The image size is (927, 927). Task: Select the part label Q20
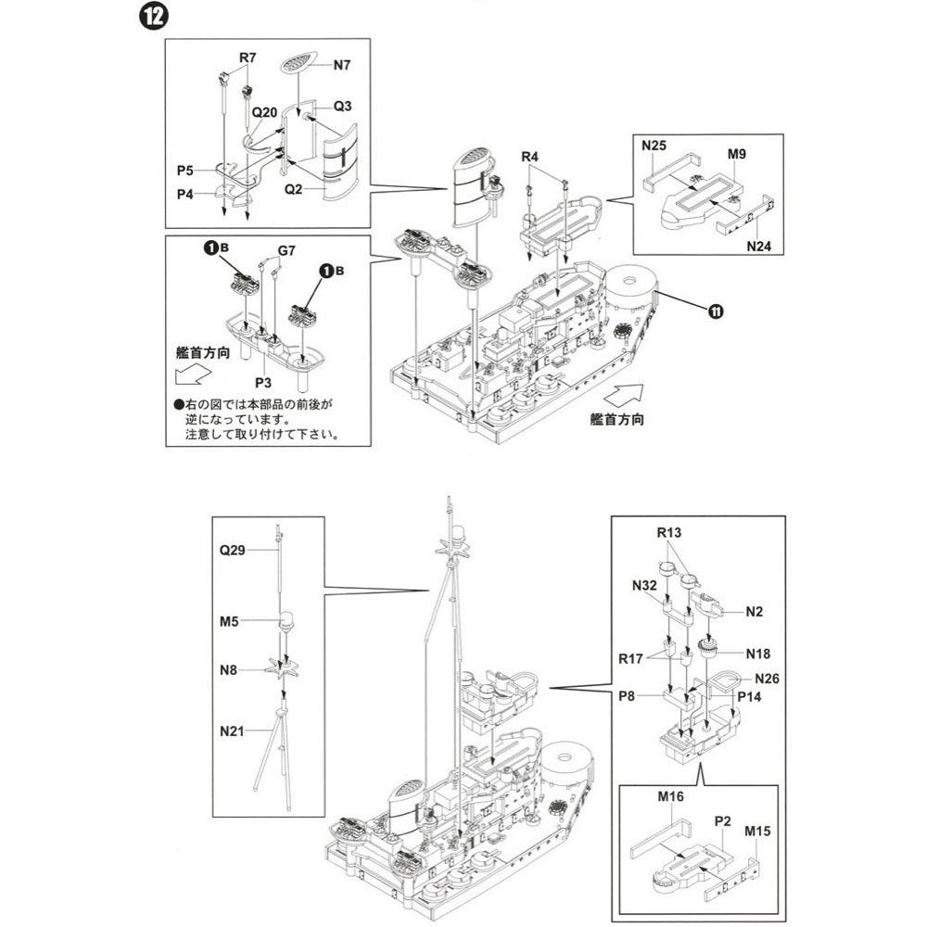(x=265, y=111)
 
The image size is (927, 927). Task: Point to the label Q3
(x=341, y=107)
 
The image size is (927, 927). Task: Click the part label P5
(x=185, y=171)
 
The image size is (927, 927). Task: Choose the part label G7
(x=287, y=250)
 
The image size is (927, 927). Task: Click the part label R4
(x=529, y=157)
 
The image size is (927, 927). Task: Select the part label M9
(x=737, y=152)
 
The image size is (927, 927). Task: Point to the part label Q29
(x=232, y=550)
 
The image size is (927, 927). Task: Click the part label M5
(x=229, y=621)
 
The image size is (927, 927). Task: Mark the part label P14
(x=749, y=695)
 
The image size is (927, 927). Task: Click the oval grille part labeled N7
(x=297, y=66)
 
